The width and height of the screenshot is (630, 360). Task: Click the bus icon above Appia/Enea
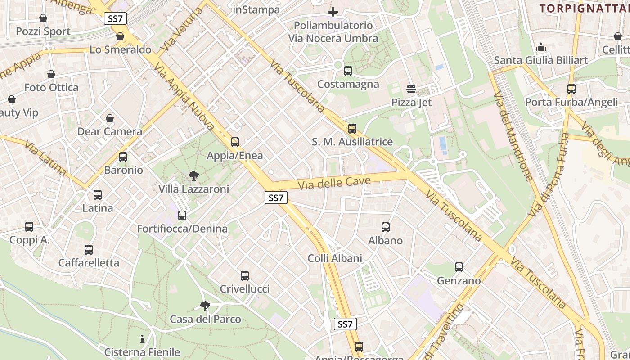click(x=234, y=142)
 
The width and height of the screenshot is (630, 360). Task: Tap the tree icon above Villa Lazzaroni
click(x=194, y=175)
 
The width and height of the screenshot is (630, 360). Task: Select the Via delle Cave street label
click(x=334, y=183)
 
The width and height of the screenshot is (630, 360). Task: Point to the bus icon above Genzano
click(x=459, y=267)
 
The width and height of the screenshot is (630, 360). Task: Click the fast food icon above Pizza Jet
click(x=411, y=89)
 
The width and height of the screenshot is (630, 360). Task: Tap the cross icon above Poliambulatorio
click(x=333, y=12)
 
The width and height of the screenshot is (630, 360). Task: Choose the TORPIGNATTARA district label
click(x=584, y=8)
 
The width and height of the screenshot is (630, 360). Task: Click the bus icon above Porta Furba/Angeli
click(x=571, y=89)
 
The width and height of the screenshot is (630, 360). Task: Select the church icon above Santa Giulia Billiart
click(x=540, y=47)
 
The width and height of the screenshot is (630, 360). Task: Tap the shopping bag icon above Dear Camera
click(x=110, y=118)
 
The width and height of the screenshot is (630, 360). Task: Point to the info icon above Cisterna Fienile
click(x=142, y=339)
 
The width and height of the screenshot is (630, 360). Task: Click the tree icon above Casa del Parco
click(x=205, y=306)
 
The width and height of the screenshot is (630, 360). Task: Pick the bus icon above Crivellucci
click(x=244, y=275)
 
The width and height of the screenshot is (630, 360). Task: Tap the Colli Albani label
click(x=335, y=258)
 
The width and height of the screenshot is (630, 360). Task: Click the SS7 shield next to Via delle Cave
click(x=276, y=198)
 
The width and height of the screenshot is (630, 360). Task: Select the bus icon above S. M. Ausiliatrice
click(x=352, y=129)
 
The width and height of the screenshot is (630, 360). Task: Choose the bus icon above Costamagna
click(x=348, y=71)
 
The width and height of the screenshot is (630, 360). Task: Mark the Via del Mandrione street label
click(x=513, y=135)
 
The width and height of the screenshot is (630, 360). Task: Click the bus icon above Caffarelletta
click(x=89, y=250)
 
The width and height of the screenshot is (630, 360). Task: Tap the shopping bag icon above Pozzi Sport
click(x=43, y=18)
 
